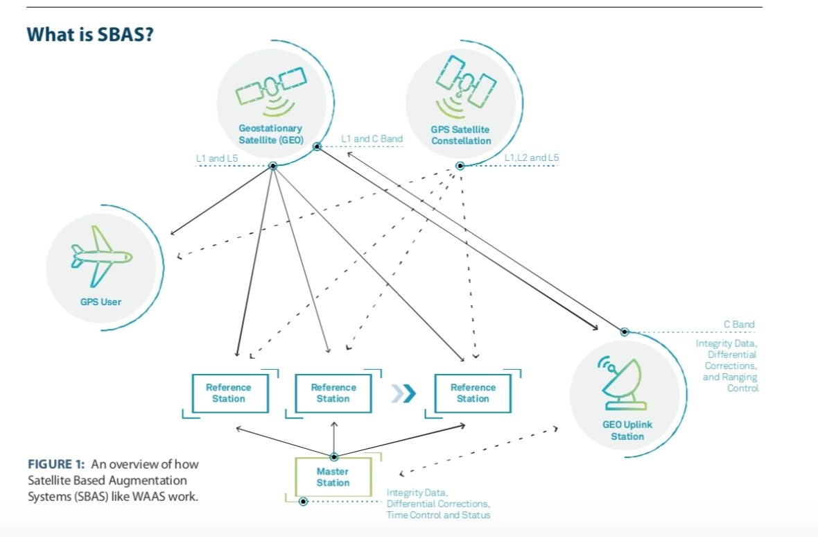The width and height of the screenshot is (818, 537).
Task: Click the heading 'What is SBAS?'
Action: [89, 34]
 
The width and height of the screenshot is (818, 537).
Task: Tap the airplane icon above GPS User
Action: [101, 257]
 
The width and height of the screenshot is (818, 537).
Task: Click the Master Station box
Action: [333, 477]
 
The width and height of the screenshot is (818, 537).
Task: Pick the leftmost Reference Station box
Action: [228, 393]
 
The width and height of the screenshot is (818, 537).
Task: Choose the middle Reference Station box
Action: [333, 393]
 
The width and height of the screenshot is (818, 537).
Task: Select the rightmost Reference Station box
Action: [473, 393]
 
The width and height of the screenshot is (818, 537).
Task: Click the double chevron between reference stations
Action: [403, 393]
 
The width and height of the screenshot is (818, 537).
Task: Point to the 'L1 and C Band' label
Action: [372, 139]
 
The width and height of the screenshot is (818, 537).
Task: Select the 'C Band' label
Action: [739, 324]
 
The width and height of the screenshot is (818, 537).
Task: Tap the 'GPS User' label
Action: [101, 302]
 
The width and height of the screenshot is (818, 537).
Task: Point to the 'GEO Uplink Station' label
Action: [627, 430]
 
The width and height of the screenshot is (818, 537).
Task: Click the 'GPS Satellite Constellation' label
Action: [460, 135]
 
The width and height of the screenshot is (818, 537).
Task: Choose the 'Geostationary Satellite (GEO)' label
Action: [270, 133]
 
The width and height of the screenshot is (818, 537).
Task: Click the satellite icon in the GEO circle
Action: [270, 90]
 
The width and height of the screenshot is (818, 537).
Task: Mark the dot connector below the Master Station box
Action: [303, 501]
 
